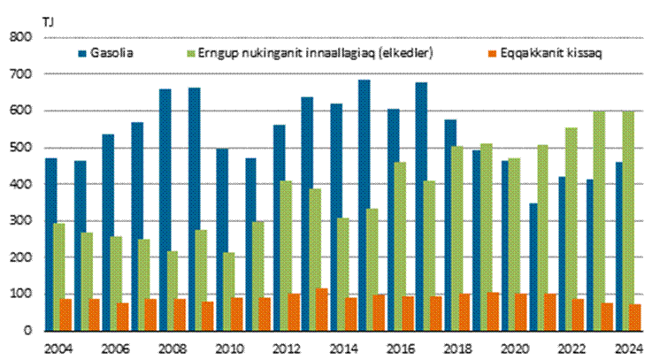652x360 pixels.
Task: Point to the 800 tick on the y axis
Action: coord(20,37)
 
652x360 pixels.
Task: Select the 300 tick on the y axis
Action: coord(20,221)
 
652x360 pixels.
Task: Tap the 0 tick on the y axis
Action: coord(27,331)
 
